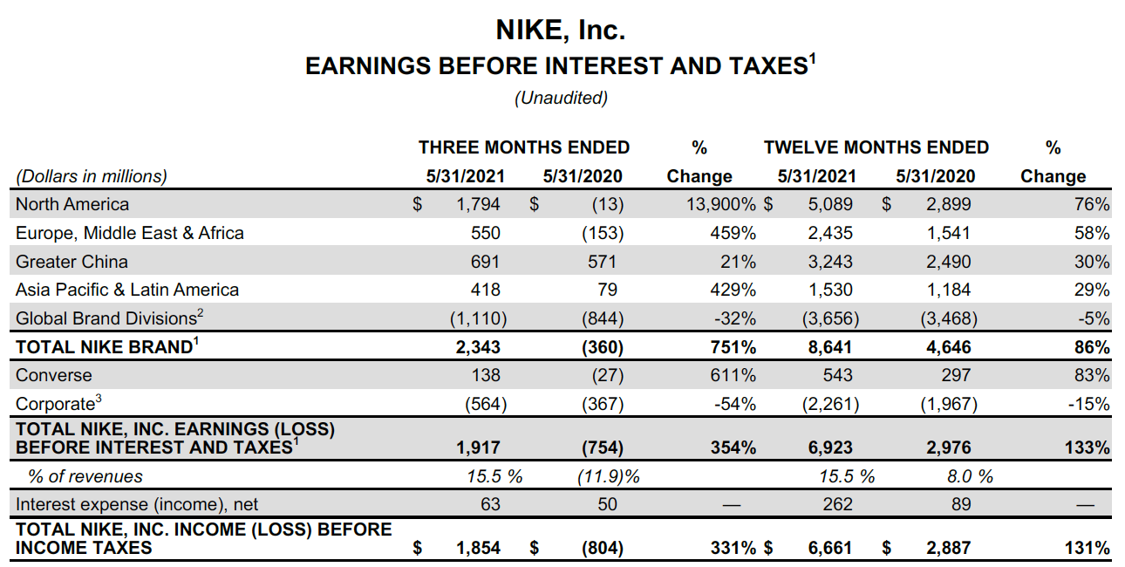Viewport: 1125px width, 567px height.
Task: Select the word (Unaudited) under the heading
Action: click(x=561, y=98)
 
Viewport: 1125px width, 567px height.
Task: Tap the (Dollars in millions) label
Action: click(x=92, y=176)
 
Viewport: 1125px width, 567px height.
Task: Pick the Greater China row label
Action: click(x=72, y=262)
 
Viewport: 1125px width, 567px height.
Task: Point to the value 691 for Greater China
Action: click(x=485, y=262)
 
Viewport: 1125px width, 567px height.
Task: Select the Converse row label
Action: click(x=54, y=375)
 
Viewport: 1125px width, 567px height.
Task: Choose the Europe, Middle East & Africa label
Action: click(x=130, y=233)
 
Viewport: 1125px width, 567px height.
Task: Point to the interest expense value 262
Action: click(x=837, y=504)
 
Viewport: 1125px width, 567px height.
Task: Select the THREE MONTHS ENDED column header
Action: click(x=524, y=147)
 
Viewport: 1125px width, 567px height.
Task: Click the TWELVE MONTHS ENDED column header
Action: click(x=876, y=147)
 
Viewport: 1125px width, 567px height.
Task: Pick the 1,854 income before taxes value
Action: click(x=479, y=548)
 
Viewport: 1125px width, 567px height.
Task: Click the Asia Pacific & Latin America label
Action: click(x=127, y=290)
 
